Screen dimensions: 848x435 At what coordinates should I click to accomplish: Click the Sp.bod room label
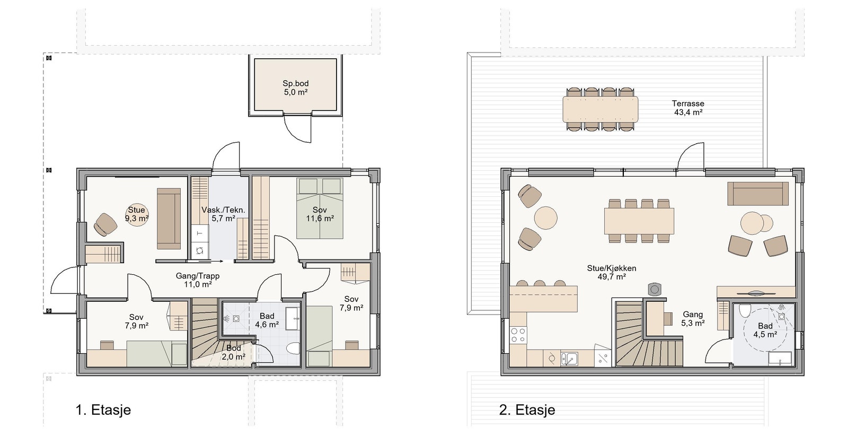coord(296,83)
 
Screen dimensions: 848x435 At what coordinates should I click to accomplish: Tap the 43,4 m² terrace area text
coord(688,112)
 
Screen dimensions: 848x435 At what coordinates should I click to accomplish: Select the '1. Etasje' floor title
coord(103,410)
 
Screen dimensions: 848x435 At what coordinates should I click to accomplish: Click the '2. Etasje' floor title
coord(527,410)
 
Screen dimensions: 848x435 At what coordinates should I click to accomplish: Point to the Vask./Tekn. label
coord(223,210)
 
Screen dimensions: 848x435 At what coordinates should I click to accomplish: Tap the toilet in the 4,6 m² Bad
coord(293,348)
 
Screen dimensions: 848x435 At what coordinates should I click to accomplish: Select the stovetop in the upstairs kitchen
coord(518,335)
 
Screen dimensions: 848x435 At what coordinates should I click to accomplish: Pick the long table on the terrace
coord(600,109)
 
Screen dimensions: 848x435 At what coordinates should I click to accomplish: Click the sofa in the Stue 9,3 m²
coord(169,219)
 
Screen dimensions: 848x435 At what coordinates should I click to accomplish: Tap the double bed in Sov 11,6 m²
coord(320,208)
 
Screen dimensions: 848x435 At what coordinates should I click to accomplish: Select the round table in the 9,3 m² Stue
coord(137,215)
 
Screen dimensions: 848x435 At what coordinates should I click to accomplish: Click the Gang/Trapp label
coord(198,276)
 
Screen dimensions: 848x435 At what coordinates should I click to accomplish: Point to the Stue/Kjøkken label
coord(612,268)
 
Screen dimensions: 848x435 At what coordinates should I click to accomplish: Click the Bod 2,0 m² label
coord(234,353)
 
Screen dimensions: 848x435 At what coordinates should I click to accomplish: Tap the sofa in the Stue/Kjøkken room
coord(758,193)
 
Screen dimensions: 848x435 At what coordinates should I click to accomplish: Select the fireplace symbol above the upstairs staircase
coord(654,289)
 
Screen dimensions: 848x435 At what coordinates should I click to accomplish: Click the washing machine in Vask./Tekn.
coord(199,250)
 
